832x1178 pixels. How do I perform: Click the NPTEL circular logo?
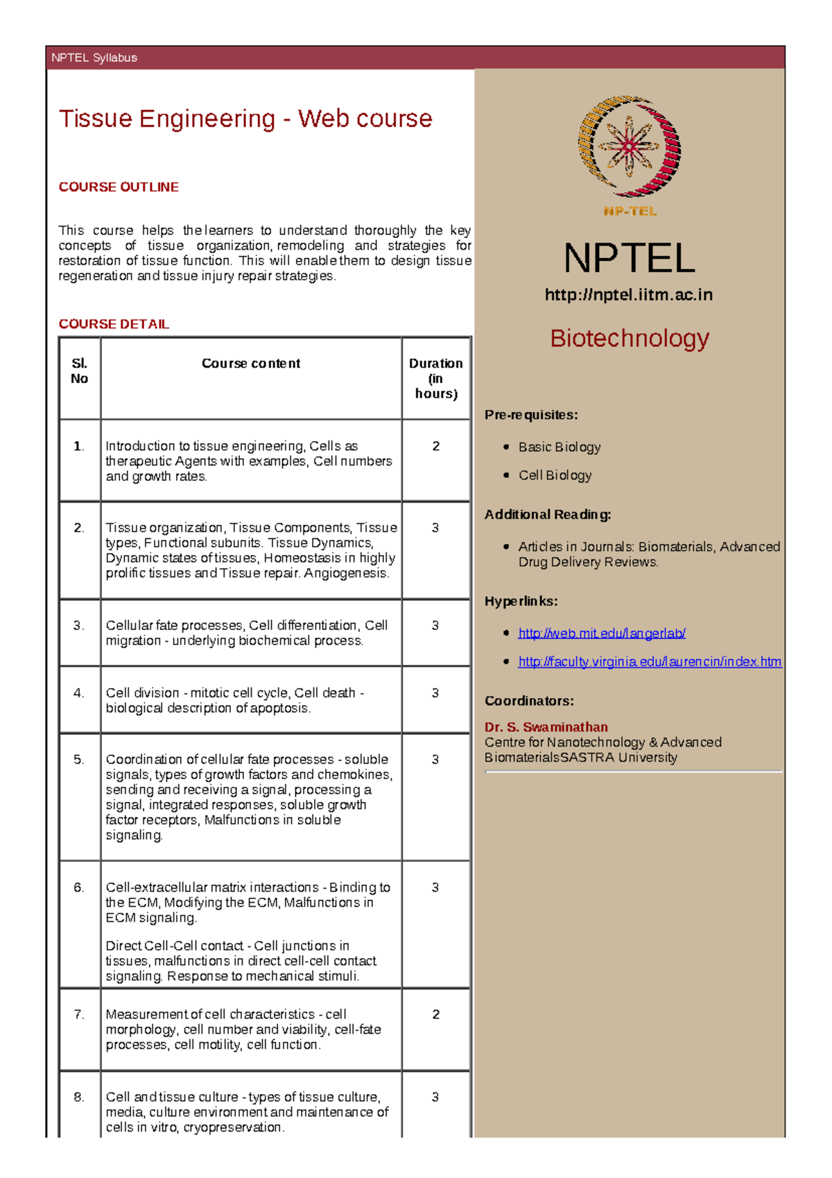pos(629,146)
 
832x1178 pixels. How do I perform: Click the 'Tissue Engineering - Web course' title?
pos(245,119)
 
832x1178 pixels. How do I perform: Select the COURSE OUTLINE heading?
pos(119,187)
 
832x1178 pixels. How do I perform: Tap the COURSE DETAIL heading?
pos(114,324)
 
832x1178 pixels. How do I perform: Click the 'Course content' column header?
pos(251,364)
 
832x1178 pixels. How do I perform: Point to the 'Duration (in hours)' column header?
pos(435,378)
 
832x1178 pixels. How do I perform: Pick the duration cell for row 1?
pos(435,446)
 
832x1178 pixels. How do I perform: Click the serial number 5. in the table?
pos(79,760)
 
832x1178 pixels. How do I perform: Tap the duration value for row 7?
pos(435,1014)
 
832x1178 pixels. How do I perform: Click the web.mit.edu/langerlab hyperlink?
pos(602,633)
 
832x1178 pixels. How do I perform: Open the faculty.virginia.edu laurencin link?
pos(650,661)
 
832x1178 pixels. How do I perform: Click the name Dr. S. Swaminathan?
pos(546,727)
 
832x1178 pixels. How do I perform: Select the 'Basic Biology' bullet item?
pos(560,447)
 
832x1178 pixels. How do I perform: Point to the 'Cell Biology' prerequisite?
pos(555,475)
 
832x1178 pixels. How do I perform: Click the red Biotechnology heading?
pos(629,339)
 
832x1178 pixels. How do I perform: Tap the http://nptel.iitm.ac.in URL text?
pos(629,295)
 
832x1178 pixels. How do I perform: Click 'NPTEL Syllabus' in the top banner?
pos(94,58)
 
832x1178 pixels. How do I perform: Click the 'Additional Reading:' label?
pos(548,515)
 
